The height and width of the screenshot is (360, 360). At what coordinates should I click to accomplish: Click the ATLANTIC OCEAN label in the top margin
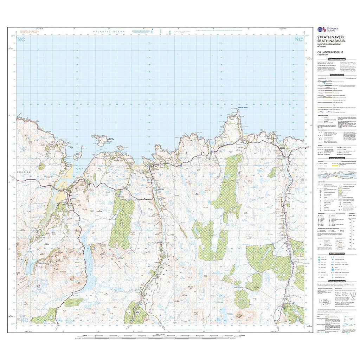coord(109,32)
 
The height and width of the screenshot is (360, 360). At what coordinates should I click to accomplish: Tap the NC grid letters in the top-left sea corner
coord(22,39)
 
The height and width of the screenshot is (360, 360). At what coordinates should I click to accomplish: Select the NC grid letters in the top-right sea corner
coord(299,39)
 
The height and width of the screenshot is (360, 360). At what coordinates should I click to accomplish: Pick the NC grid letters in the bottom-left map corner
coord(24,320)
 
